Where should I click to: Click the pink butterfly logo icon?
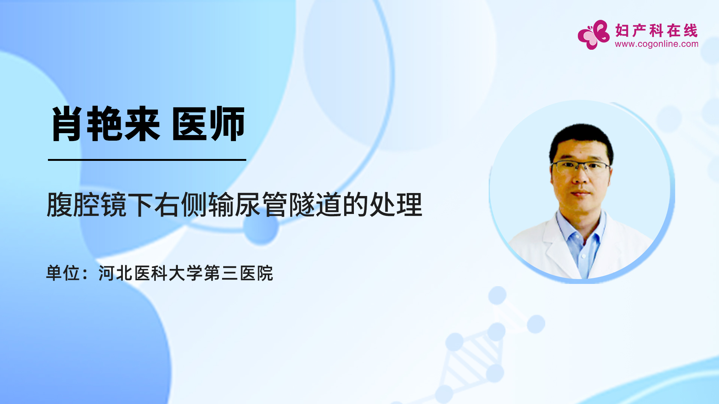coord(594,35)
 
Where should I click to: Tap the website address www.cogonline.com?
coord(656,44)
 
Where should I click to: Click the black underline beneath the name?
coord(147,160)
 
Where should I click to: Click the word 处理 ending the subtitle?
coord(396,205)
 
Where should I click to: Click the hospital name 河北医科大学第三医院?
coord(186,273)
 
